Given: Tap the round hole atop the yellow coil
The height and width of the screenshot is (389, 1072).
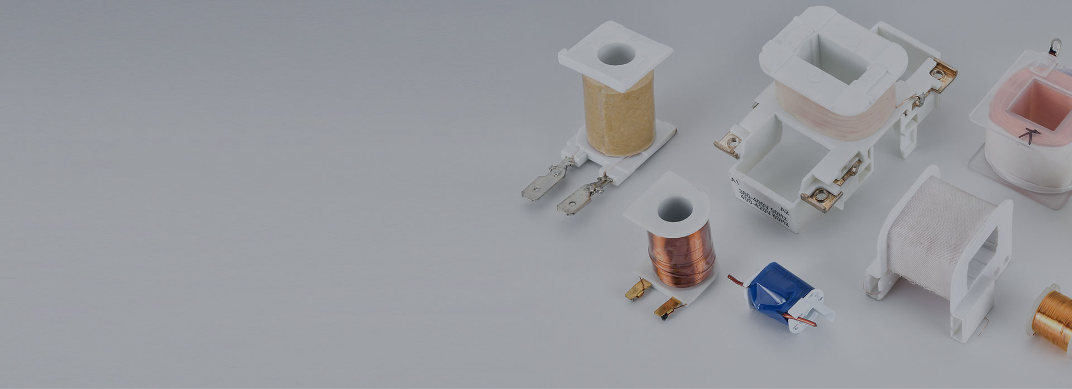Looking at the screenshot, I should (x=616, y=54).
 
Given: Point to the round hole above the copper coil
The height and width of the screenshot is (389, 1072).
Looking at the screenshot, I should (x=667, y=209).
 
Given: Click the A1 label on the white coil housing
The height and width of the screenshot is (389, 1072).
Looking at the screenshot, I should (x=735, y=181).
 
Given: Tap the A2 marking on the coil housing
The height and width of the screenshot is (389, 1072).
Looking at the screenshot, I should (x=784, y=212).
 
